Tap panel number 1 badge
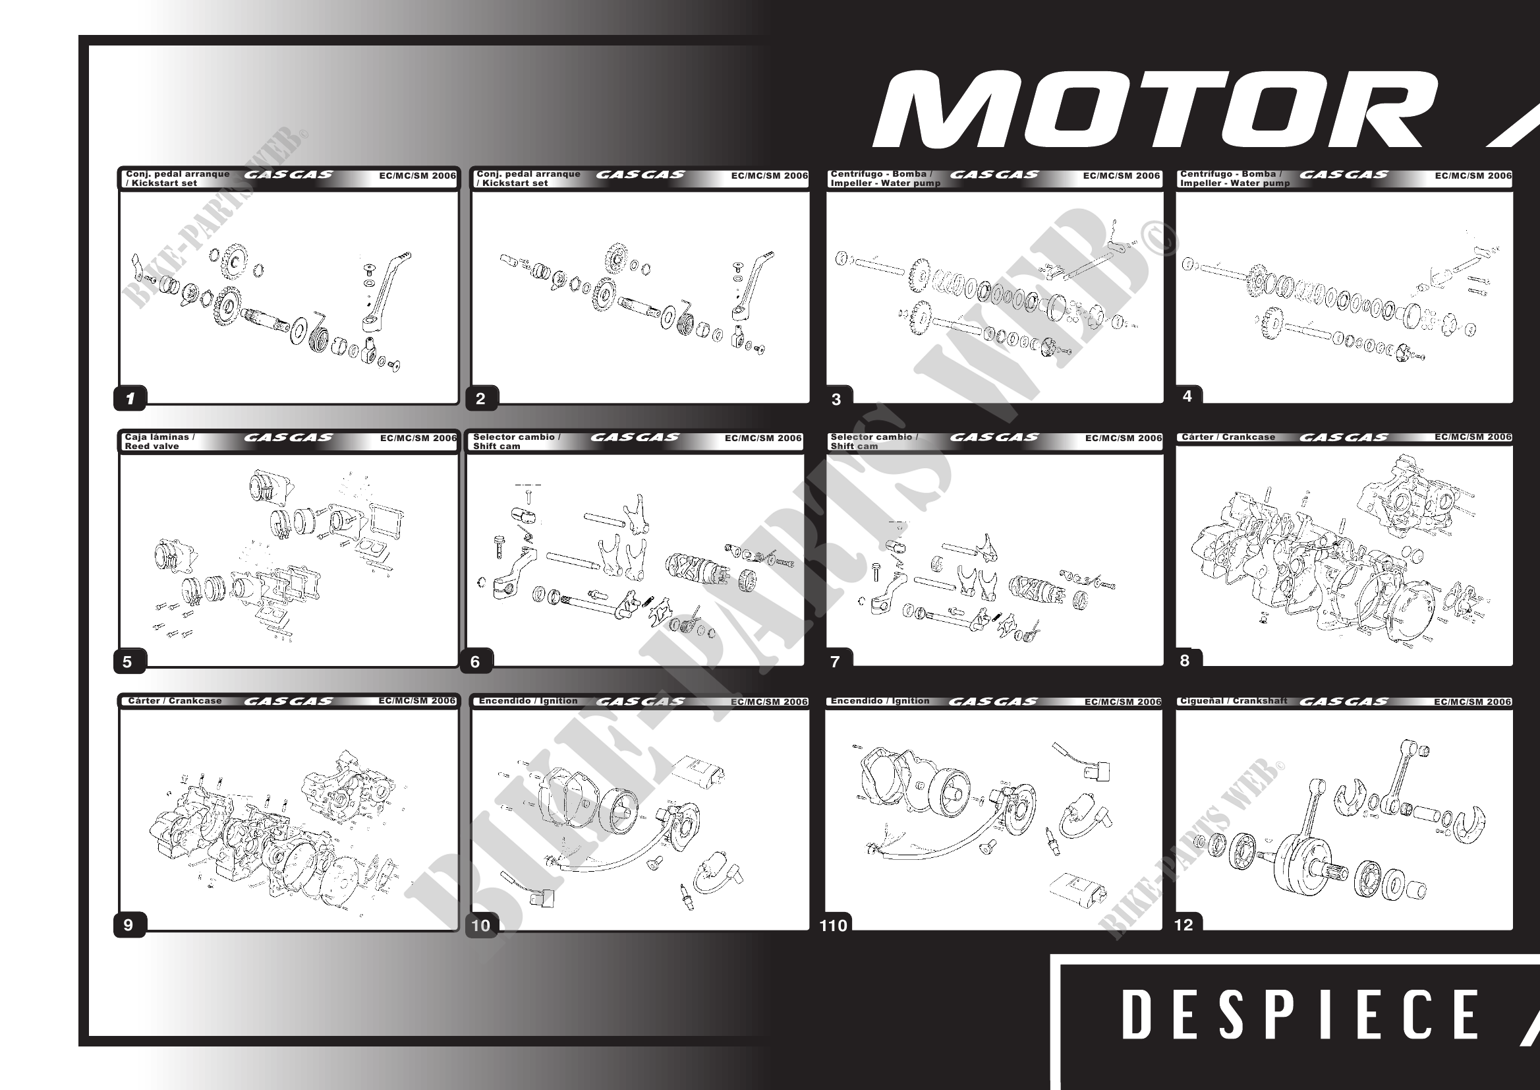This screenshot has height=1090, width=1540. (x=130, y=398)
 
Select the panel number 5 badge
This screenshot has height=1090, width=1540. (x=127, y=662)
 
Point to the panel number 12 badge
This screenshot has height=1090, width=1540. (x=1184, y=925)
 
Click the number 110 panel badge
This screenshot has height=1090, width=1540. (x=834, y=926)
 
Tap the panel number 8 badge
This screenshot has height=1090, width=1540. (x=1185, y=661)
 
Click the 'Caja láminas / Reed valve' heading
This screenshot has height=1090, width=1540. (x=159, y=441)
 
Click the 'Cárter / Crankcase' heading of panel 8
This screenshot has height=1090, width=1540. (x=1228, y=437)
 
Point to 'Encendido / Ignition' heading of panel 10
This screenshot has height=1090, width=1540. (x=528, y=701)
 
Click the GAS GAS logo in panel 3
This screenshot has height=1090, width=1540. (x=994, y=175)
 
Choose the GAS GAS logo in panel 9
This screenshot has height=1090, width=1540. (x=289, y=702)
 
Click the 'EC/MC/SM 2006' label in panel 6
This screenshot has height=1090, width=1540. (x=762, y=439)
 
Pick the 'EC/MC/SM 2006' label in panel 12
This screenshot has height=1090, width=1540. (x=1472, y=702)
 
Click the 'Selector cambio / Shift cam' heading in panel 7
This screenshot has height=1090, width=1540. (x=873, y=441)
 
